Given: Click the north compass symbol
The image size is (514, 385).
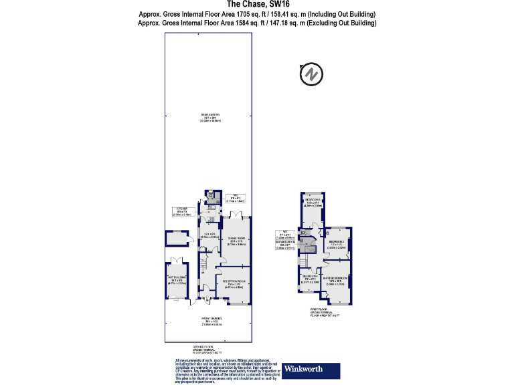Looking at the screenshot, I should tap(312, 74).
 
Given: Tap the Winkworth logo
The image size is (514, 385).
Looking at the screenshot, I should tap(312, 370).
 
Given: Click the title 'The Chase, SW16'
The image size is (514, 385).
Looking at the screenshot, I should tap(257, 5).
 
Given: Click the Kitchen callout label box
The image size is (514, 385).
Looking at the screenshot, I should tap(183, 213).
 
